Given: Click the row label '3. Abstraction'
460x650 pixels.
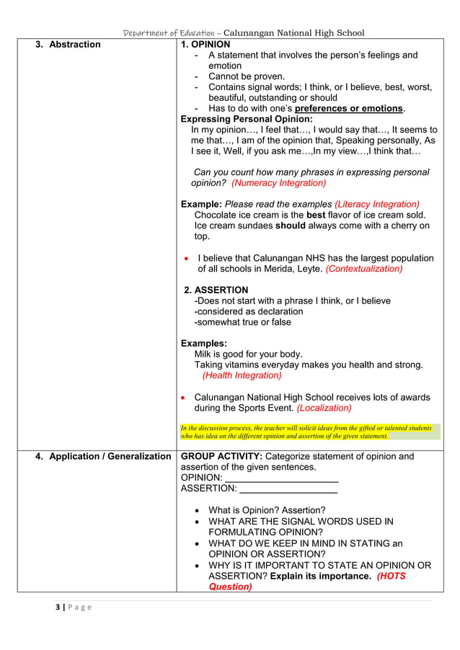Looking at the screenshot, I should pyautogui.click(x=68, y=45).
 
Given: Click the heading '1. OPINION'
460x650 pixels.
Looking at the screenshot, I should pyautogui.click(x=205, y=45).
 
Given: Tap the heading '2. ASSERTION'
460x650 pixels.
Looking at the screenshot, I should pyautogui.click(x=216, y=290).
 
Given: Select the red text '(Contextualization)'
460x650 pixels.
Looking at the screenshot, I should pyautogui.click(x=364, y=269).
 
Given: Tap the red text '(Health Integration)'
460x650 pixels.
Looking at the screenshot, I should pyautogui.click(x=242, y=375).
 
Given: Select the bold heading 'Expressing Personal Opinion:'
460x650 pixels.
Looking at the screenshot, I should pyautogui.click(x=246, y=119).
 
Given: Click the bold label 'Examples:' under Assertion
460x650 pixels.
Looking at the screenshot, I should pyautogui.click(x=203, y=344).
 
